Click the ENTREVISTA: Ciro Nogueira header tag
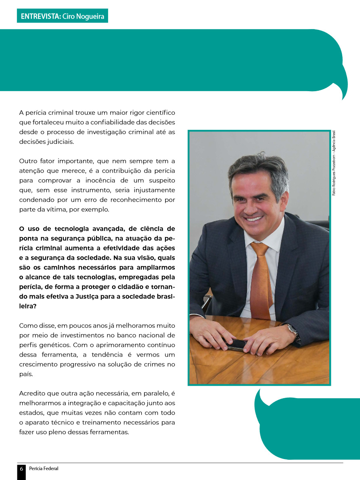tap(62, 16)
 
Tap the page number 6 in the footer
tap(21, 469)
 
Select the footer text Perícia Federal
tap(44, 469)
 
